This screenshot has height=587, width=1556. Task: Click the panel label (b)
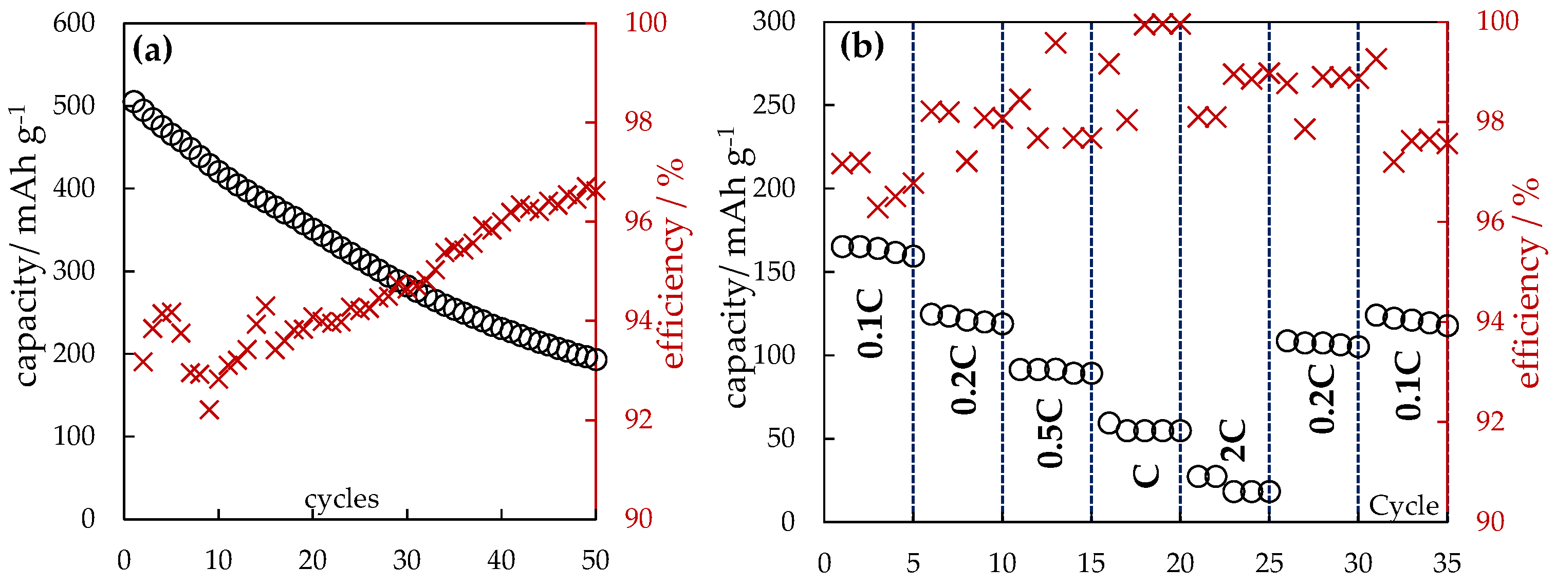point(862,46)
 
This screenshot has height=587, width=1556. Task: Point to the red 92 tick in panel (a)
point(638,420)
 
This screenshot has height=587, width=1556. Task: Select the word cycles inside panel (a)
point(341,499)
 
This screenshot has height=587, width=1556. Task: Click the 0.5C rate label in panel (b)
point(1050,432)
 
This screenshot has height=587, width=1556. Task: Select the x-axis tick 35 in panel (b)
point(1447,563)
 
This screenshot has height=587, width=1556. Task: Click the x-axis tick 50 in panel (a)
point(595,561)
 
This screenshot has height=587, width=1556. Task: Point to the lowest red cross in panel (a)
point(210,410)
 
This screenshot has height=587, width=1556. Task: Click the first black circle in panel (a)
point(134,101)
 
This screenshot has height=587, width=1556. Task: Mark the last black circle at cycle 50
point(596,360)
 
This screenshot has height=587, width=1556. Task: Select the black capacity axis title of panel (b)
point(737,266)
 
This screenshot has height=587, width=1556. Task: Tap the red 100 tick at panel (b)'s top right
point(1497,22)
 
